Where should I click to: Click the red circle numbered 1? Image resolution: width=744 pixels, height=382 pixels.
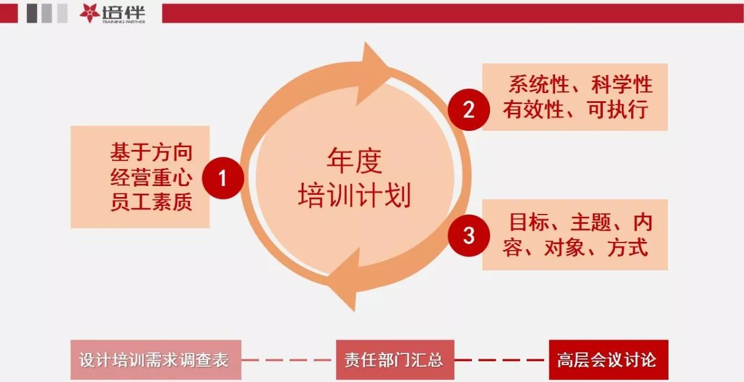[223, 178]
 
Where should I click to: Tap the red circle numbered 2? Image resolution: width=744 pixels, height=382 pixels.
[468, 110]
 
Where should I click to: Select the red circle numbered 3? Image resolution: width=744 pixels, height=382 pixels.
[468, 235]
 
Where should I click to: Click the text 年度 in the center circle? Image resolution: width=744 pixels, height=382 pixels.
[355, 161]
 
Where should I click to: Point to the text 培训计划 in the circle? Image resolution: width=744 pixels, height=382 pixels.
[355, 195]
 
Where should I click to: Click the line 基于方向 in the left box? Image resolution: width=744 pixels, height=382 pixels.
[152, 152]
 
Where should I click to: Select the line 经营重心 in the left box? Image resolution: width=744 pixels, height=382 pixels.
[152, 177]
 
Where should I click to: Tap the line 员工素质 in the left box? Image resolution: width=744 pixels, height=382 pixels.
[152, 202]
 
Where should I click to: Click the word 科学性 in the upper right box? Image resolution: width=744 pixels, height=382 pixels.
[622, 84]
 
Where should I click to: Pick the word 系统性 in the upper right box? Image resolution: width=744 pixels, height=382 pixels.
[539, 84]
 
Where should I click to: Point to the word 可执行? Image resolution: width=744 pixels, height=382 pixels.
[617, 109]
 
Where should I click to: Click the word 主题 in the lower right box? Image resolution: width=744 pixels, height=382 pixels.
[591, 222]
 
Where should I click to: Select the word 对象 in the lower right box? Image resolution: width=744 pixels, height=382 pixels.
[564, 247]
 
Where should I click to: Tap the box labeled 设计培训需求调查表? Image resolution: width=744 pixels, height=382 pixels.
[156, 359]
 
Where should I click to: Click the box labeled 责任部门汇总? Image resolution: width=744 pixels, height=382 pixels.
[395, 359]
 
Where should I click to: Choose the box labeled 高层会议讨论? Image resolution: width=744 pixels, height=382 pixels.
[609, 359]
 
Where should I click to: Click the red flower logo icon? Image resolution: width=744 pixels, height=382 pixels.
[90, 13]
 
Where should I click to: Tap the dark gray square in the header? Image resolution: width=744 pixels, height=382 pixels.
[32, 13]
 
